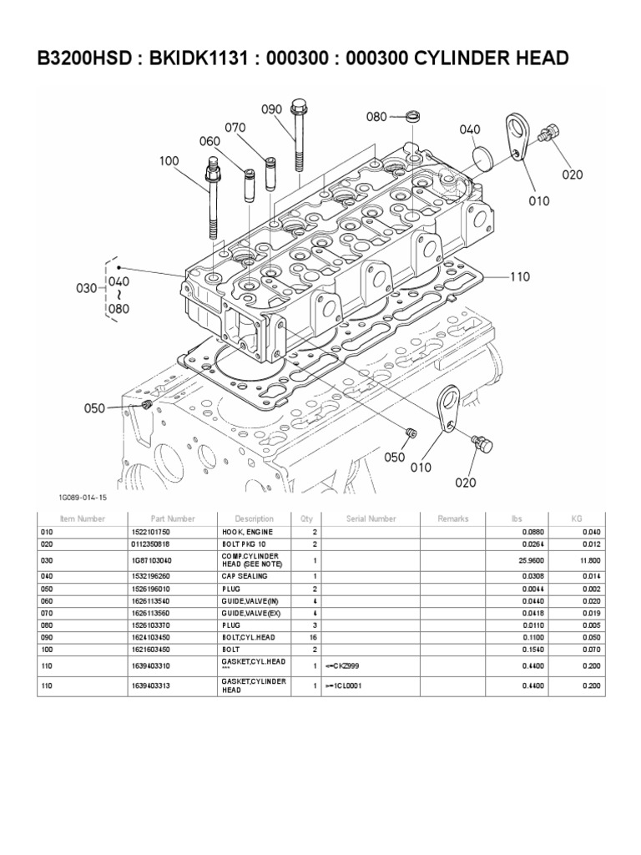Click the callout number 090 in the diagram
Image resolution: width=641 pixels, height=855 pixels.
coord(272,110)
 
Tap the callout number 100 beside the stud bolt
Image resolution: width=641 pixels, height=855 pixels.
coord(169,159)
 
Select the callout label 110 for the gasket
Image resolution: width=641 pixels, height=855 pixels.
coord(520,276)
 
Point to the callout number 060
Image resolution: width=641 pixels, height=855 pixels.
coord(209,142)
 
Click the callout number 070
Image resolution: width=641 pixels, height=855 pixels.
coord(235,128)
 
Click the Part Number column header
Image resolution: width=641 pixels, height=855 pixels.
coord(173,519)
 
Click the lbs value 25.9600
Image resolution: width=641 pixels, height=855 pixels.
coord(518,561)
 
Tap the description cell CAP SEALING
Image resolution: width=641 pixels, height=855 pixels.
coord(242,576)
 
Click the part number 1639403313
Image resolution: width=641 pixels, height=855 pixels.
coord(153,686)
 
